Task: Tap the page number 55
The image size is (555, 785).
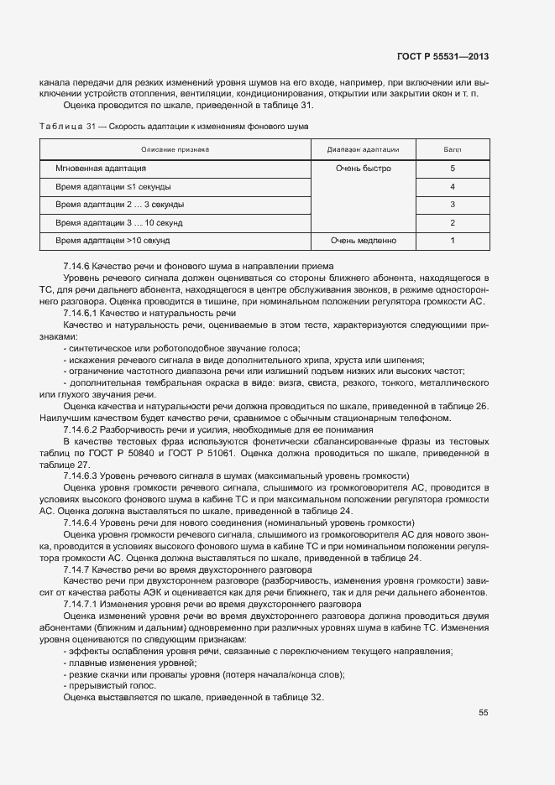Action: pyautogui.click(x=484, y=713)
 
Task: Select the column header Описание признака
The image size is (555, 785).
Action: pyautogui.click(x=175, y=149)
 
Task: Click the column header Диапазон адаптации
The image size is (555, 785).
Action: pyautogui.click(x=363, y=149)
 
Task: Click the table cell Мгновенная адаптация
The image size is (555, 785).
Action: pyautogui.click(x=101, y=169)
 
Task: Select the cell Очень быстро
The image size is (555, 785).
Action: pyautogui.click(x=363, y=169)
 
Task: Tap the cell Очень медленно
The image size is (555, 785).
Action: pyautogui.click(x=363, y=241)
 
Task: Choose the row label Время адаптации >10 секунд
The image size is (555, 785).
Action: pyautogui.click(x=113, y=241)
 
